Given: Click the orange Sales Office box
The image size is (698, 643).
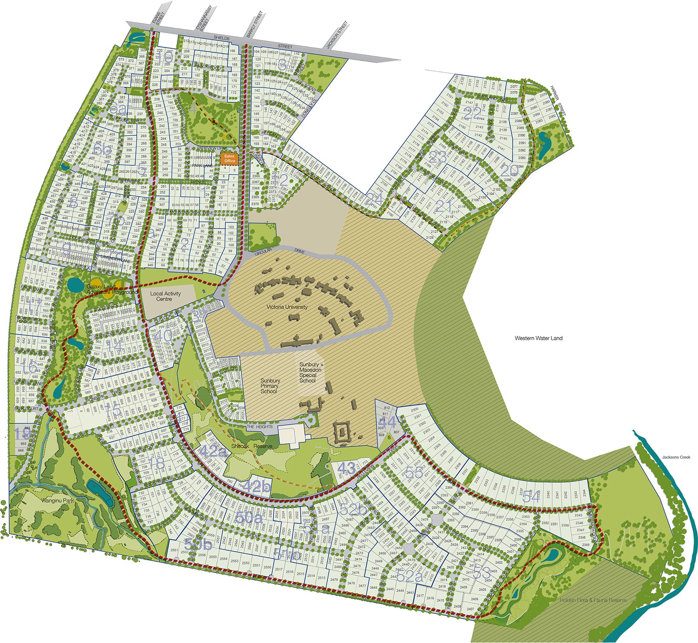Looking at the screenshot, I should [x=229, y=158].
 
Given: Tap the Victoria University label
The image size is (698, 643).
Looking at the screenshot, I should [x=287, y=307].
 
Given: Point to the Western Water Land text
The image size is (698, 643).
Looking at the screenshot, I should [x=538, y=338].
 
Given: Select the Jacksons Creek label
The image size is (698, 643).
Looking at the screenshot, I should [x=676, y=457].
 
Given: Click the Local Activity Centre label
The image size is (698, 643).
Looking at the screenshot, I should [x=166, y=296].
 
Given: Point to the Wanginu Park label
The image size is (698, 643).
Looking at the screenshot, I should [x=58, y=501].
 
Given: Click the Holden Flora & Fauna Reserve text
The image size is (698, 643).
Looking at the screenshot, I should [x=593, y=600].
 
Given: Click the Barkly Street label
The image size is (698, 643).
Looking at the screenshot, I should [x=255, y=24].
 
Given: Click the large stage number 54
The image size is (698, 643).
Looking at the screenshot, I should [x=531, y=496].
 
